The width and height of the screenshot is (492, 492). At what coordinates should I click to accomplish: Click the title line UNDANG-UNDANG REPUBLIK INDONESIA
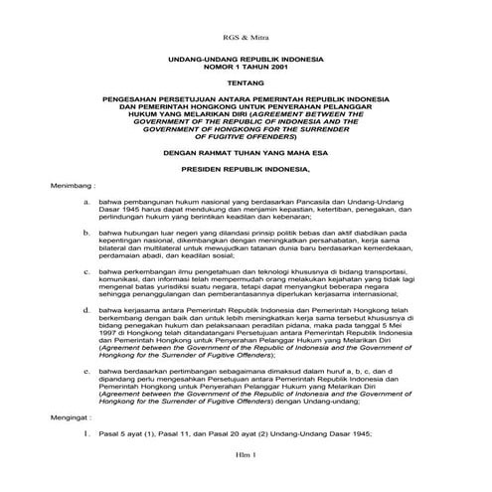pos(245,61)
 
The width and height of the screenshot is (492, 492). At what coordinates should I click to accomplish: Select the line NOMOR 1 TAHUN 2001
pos(245,69)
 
